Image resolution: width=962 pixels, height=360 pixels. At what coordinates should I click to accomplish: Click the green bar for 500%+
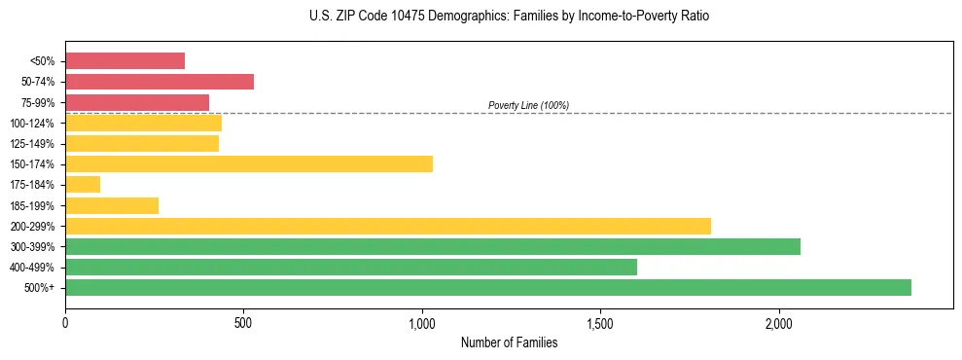tap(488, 287)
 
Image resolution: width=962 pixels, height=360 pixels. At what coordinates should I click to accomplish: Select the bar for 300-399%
tap(433, 246)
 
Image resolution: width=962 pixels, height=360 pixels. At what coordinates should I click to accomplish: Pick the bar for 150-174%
tap(249, 163)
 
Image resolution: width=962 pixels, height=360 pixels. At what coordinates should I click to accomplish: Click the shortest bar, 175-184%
tap(83, 185)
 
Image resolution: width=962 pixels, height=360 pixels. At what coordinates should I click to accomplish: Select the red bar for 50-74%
tap(160, 81)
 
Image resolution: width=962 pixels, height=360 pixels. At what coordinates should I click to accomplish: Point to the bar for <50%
tap(125, 60)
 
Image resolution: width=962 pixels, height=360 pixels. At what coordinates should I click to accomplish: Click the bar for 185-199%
tap(112, 205)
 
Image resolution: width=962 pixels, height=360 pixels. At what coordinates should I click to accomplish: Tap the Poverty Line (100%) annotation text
tap(528, 105)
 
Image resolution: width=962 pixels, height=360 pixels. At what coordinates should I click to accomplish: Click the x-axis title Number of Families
tap(509, 342)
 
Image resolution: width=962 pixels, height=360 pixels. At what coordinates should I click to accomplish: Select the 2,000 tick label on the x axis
tap(779, 323)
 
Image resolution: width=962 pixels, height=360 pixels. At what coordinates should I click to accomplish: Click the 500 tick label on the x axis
tap(243, 323)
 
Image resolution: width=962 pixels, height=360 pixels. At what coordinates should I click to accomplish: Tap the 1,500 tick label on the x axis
tap(600, 323)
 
